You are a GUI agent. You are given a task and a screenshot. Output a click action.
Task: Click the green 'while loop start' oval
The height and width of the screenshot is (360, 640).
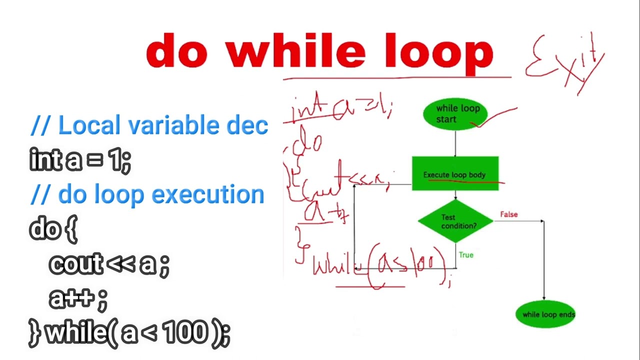(454, 114)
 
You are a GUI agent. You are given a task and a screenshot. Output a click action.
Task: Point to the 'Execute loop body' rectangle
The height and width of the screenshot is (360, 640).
(455, 174)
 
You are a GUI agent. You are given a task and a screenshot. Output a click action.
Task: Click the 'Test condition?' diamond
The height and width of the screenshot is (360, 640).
(455, 221)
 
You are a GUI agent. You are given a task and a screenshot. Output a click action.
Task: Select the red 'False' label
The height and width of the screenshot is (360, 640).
(509, 214)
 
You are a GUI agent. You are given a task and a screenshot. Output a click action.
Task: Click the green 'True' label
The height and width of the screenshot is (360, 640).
(466, 255)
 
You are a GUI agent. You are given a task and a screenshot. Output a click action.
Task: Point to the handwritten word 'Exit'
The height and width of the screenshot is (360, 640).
(565, 62)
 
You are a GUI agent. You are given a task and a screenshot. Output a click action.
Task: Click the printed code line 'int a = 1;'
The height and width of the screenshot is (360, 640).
(80, 160)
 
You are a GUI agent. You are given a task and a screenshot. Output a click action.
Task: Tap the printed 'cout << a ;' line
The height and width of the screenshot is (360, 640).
(109, 264)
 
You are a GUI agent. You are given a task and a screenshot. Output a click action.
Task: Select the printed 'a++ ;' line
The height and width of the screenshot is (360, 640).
(78, 298)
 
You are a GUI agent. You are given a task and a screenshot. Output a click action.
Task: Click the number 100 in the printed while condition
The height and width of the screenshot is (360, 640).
(184, 332)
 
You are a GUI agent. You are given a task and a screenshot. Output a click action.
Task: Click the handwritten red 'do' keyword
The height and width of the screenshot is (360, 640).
(307, 141)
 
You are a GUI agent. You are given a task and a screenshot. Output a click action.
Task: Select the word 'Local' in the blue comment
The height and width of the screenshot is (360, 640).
(89, 125)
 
